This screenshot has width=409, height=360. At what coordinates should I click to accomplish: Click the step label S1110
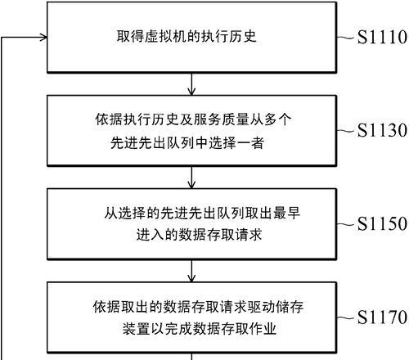tap(382, 37)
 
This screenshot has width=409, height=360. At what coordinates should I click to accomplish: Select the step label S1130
tap(382, 130)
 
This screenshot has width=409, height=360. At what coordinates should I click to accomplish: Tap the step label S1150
tap(382, 223)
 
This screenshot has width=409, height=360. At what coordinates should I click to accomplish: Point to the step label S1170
tap(382, 317)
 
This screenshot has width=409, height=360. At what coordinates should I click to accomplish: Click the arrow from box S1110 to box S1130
tap(191, 84)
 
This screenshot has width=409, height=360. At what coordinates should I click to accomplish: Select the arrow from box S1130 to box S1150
tap(191, 178)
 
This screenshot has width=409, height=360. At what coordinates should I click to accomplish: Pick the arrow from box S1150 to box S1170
tap(191, 271)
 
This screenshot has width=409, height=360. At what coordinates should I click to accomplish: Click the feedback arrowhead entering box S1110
tap(43, 38)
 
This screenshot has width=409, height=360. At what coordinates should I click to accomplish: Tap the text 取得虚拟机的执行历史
tap(187, 36)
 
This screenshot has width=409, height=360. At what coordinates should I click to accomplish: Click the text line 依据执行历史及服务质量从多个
tap(193, 119)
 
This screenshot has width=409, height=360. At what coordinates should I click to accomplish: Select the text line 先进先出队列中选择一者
tap(187, 142)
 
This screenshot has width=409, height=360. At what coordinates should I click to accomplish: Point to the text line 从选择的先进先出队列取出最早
tap(202, 213)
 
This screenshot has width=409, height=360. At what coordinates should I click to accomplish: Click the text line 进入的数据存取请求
tap(199, 235)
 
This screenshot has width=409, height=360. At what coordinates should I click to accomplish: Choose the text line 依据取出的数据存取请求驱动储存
tap(198, 307)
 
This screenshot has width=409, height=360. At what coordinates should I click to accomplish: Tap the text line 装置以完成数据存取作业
tap(200, 329)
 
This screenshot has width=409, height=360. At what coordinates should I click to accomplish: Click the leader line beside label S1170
tap(346, 317)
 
